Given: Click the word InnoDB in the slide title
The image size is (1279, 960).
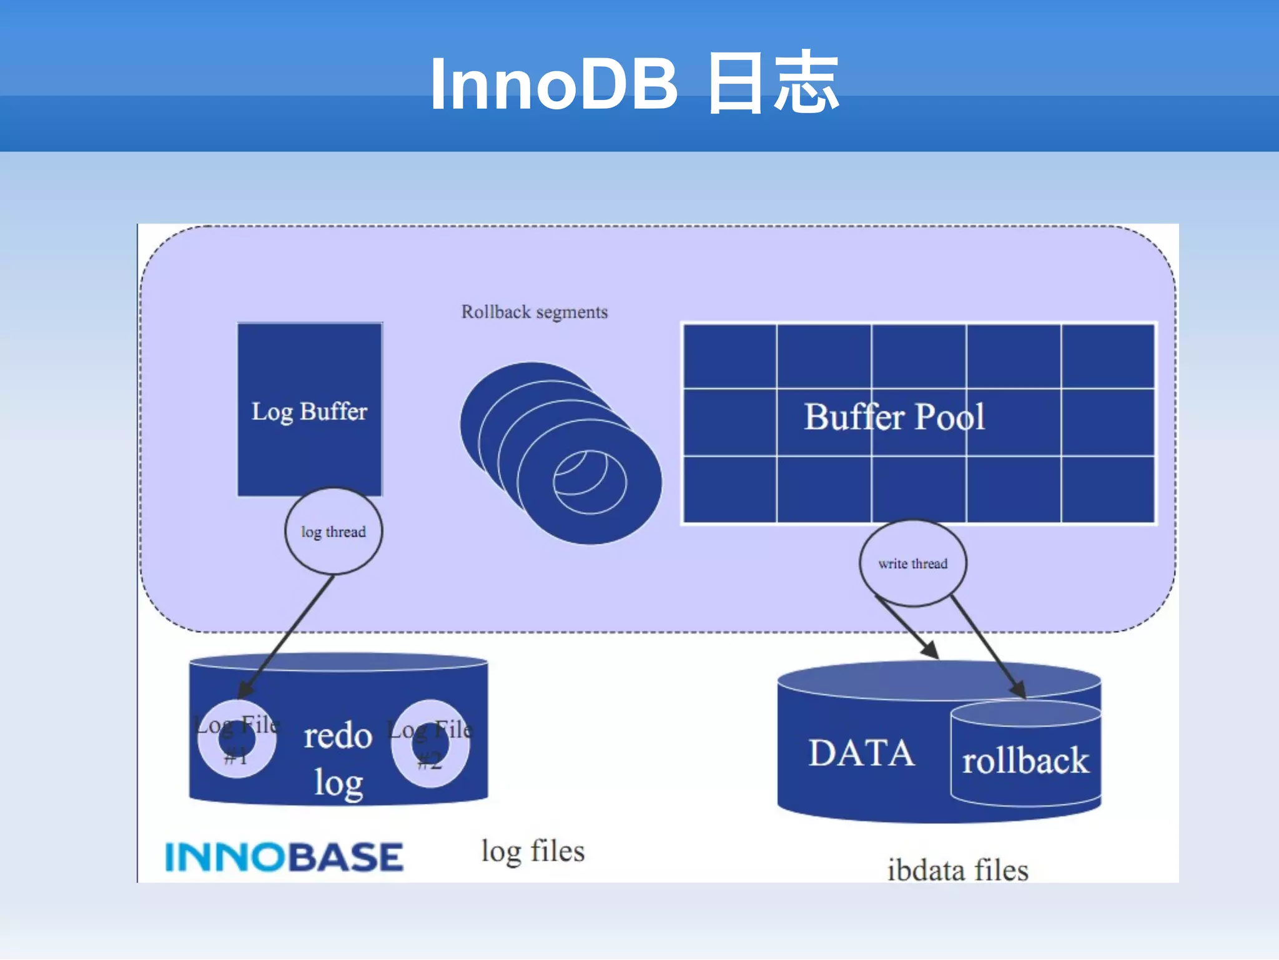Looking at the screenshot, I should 553,84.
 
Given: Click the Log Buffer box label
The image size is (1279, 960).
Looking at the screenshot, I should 309,412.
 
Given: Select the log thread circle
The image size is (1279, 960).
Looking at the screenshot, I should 333,532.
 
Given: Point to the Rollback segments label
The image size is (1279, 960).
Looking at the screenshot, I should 534,312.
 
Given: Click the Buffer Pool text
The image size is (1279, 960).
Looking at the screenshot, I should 894,417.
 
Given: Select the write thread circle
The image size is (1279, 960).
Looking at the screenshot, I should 912,563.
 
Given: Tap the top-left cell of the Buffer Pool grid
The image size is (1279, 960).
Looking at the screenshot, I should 730,357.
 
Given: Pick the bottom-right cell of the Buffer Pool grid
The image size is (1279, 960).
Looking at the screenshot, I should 1107,489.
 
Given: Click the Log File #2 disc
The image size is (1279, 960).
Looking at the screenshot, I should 430,743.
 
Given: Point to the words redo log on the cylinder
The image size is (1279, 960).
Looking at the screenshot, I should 338,758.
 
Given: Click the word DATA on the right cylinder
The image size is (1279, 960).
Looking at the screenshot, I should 861,753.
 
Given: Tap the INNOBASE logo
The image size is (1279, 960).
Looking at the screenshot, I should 284,857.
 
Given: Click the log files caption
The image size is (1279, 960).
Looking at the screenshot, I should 533,851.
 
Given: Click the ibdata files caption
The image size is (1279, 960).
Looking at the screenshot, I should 957,870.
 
